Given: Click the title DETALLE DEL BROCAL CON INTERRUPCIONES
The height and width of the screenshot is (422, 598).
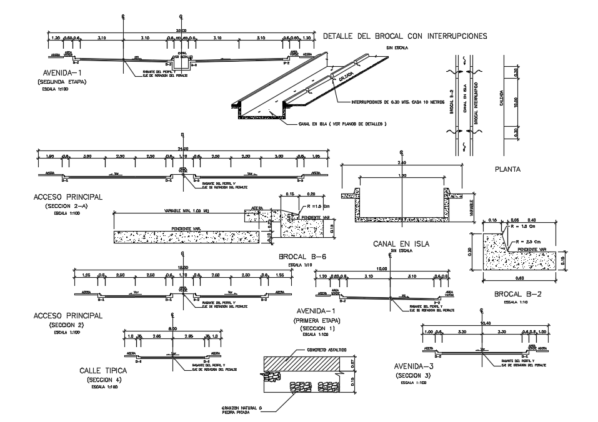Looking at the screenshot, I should click(404, 36).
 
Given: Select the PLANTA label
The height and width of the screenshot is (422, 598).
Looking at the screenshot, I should click(508, 169).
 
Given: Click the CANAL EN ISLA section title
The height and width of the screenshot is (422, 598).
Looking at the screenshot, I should click(401, 243).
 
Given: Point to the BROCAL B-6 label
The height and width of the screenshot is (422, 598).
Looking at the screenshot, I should click(302, 257).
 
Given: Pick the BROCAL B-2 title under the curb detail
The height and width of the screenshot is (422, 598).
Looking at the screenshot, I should click(517, 294).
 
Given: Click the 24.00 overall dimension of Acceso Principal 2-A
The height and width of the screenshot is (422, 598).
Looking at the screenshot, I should click(182, 148).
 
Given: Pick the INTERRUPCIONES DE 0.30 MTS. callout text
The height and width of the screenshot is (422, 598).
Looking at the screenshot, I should click(389, 102).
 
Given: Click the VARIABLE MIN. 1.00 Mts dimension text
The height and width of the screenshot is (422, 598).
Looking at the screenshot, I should click(186, 210).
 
